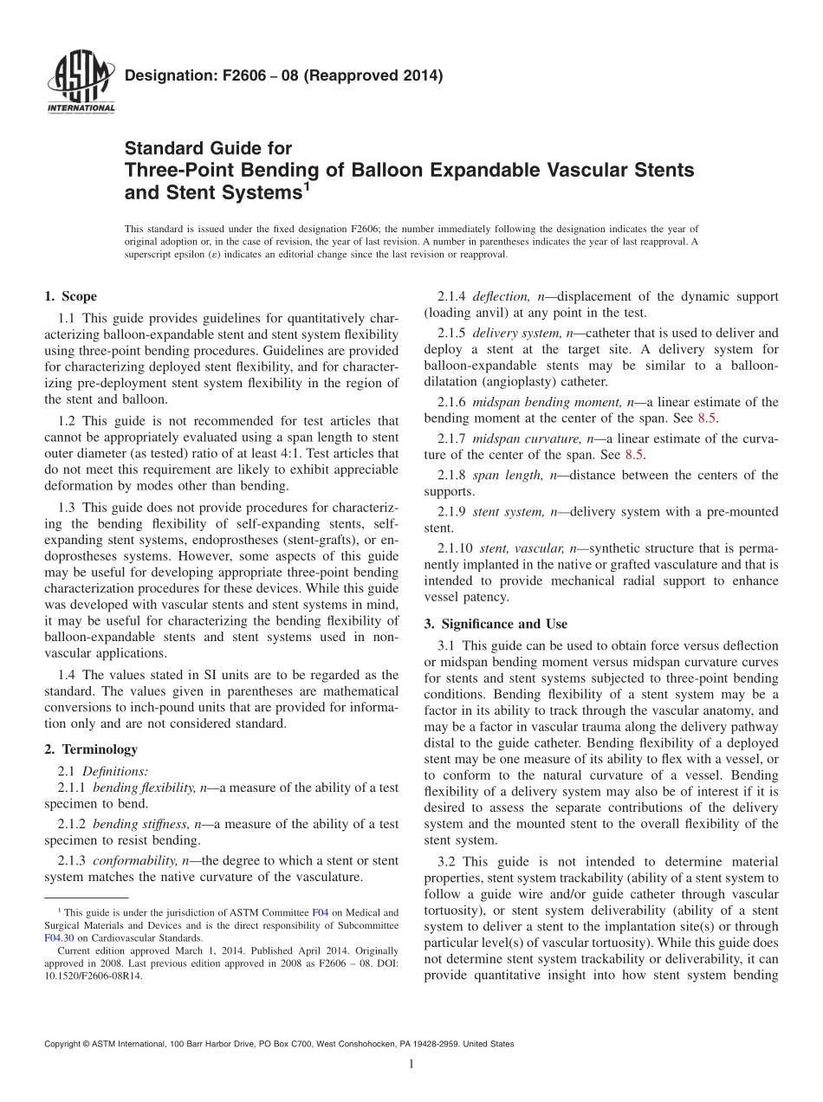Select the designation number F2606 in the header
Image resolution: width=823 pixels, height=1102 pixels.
[x=224, y=75]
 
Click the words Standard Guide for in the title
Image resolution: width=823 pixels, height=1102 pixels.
[x=209, y=148]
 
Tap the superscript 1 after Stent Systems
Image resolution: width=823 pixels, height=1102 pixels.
[x=307, y=185]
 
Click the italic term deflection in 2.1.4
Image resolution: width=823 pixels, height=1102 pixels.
[x=502, y=296]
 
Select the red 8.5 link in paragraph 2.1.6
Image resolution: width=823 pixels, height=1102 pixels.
[x=708, y=418]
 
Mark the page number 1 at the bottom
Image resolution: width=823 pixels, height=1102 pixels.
[x=411, y=1065]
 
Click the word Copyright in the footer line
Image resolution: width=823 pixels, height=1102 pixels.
[x=66, y=1044]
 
